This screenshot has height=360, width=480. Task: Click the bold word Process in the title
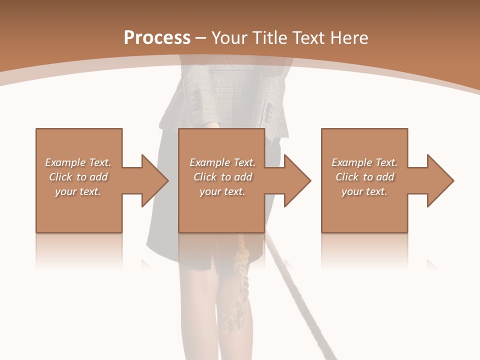[157, 37]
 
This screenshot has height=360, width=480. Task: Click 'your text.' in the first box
[77, 191]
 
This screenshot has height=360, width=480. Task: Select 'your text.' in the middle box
[222, 191]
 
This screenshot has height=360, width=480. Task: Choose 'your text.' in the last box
[364, 191]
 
